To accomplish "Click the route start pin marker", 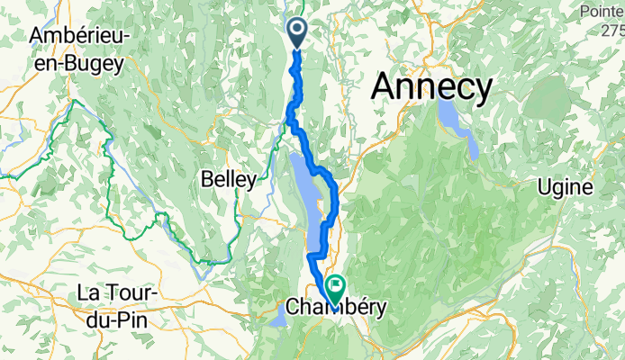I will (x=299, y=32).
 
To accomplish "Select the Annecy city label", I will (x=433, y=88).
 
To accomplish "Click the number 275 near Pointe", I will (x=612, y=30).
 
